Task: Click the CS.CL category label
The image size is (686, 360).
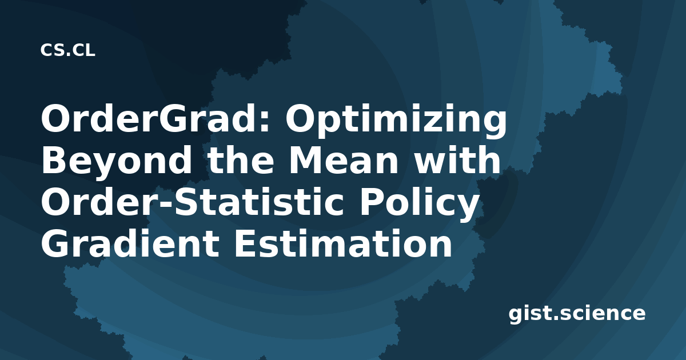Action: (x=67, y=50)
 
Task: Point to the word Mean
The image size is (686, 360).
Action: (x=344, y=161)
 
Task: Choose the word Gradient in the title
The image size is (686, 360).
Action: (x=130, y=244)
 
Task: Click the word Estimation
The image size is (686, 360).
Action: (x=343, y=244)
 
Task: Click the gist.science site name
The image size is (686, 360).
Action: (x=577, y=314)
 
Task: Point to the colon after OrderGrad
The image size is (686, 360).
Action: (x=266, y=123)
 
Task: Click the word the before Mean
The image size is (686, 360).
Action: (x=241, y=160)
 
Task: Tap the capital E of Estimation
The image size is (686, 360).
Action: (x=245, y=244)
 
